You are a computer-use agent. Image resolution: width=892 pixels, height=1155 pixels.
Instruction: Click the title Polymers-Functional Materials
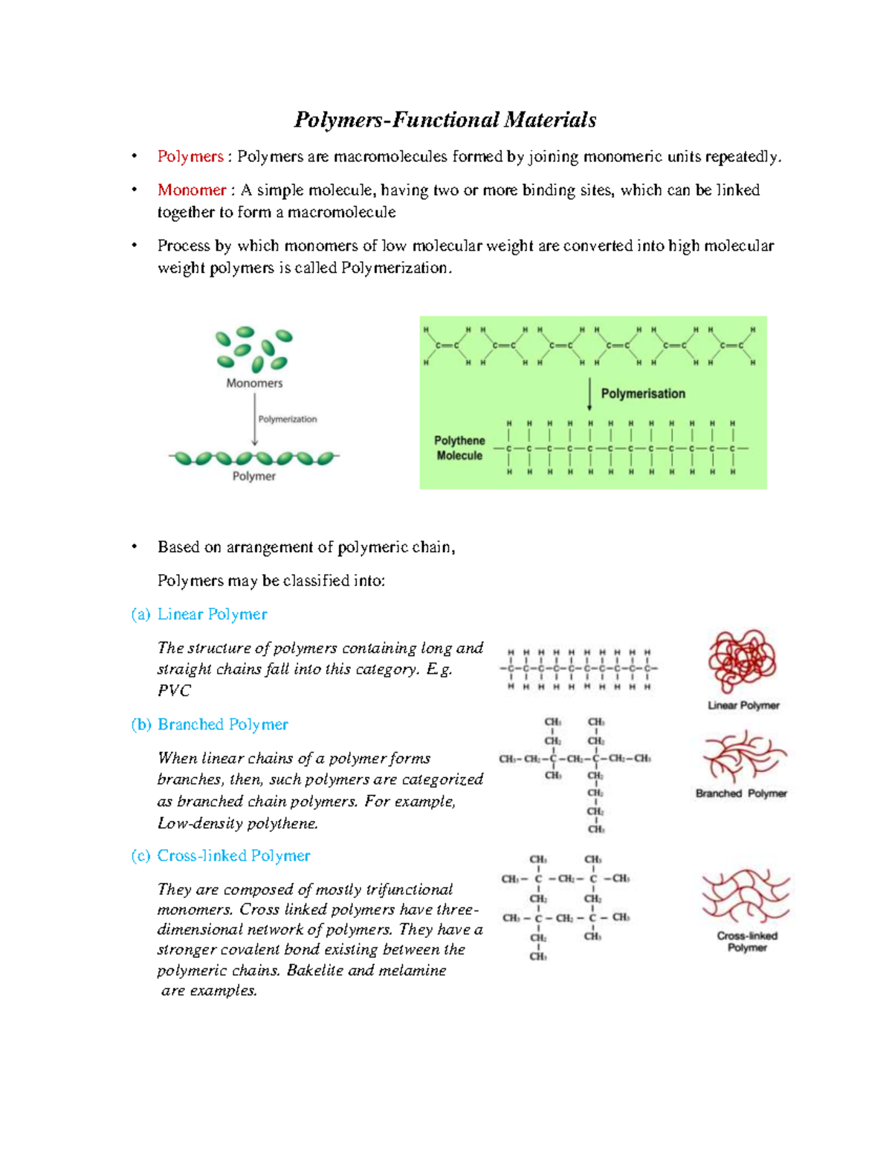[x=445, y=120]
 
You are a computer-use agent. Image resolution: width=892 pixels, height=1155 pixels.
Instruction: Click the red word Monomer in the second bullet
[x=191, y=190]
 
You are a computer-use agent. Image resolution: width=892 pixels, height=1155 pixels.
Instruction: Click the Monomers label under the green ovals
[x=254, y=384]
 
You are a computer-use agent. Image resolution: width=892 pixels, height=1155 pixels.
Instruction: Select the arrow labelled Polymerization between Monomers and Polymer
[x=255, y=419]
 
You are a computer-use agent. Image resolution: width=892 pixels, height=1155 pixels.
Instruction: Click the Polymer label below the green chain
[x=254, y=477]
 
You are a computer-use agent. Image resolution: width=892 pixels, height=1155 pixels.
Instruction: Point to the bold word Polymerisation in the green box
[x=643, y=394]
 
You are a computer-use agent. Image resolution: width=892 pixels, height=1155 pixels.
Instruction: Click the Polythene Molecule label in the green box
[x=459, y=448]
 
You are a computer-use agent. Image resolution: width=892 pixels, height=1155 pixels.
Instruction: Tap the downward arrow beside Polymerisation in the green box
[x=590, y=394]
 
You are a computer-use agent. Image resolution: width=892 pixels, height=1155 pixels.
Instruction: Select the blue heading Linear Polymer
[x=212, y=614]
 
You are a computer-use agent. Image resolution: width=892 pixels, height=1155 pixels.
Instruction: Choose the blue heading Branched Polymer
[x=222, y=724]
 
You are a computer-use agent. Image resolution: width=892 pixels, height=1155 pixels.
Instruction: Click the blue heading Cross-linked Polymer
[x=233, y=856]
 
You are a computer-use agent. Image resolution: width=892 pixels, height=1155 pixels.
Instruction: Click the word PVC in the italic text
[x=174, y=691]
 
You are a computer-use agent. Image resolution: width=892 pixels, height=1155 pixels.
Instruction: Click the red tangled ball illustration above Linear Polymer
[x=742, y=661]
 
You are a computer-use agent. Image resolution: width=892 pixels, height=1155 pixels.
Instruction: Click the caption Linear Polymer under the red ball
[x=743, y=706]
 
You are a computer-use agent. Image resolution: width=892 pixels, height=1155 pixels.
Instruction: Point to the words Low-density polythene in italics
[x=238, y=824]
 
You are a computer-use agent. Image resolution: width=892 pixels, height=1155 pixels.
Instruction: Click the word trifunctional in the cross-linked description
[x=410, y=890]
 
